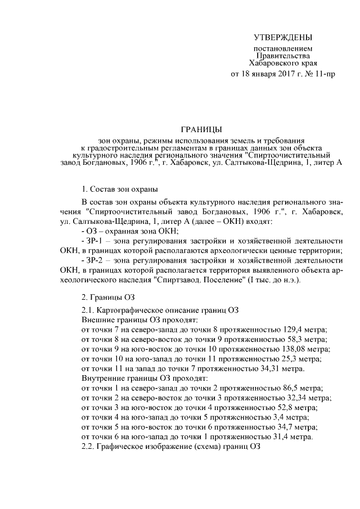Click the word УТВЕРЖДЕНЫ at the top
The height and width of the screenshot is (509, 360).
tap(282, 38)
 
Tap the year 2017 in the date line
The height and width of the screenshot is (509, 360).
tap(278, 74)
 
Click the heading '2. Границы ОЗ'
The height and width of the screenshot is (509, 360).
tap(107, 296)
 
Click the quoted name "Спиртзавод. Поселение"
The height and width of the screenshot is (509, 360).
tap(195, 280)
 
